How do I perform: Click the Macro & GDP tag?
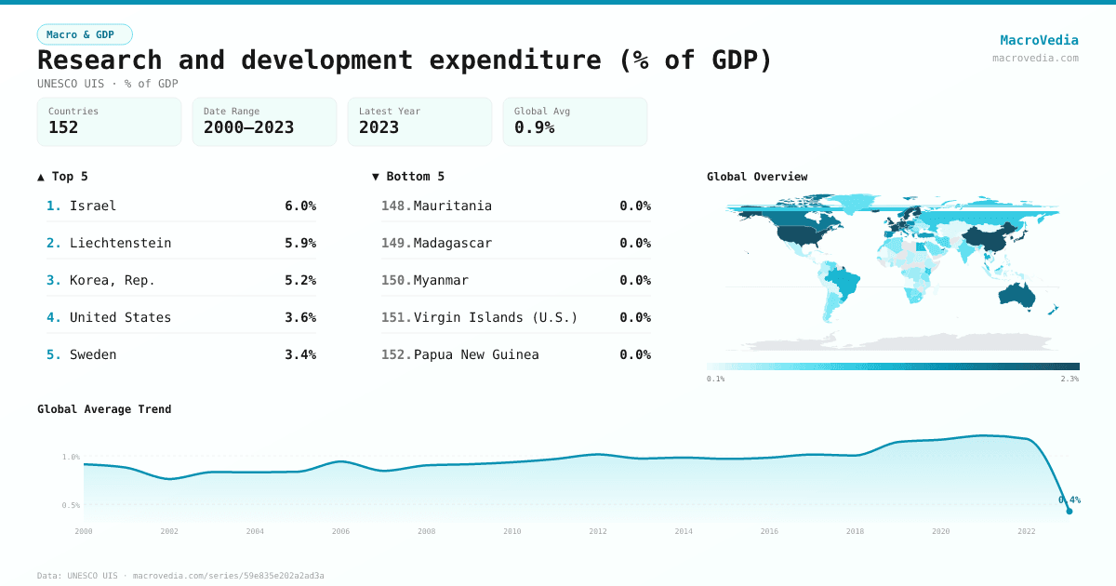pos(85,34)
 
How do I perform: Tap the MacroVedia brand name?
pos(1039,40)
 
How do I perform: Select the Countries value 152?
pos(63,127)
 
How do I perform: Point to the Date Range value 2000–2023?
pos(248,127)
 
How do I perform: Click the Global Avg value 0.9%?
pos(534,127)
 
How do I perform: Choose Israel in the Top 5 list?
pos(93,206)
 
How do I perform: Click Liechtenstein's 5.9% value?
pos(300,243)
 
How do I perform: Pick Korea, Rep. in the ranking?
pos(113,280)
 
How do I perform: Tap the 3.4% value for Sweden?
pos(300,354)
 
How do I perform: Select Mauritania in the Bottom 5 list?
pos(452,206)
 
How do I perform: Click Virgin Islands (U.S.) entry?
pos(495,317)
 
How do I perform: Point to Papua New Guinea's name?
pos(476,354)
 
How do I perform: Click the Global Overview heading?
pos(757,177)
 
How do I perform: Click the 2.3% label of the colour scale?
pos(1069,379)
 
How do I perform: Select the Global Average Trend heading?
pos(104,409)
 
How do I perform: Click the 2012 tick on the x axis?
pos(598,531)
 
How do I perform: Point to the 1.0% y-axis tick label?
pos(71,457)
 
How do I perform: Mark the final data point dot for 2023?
pos(1069,511)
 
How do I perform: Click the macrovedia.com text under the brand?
pos(1035,58)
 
